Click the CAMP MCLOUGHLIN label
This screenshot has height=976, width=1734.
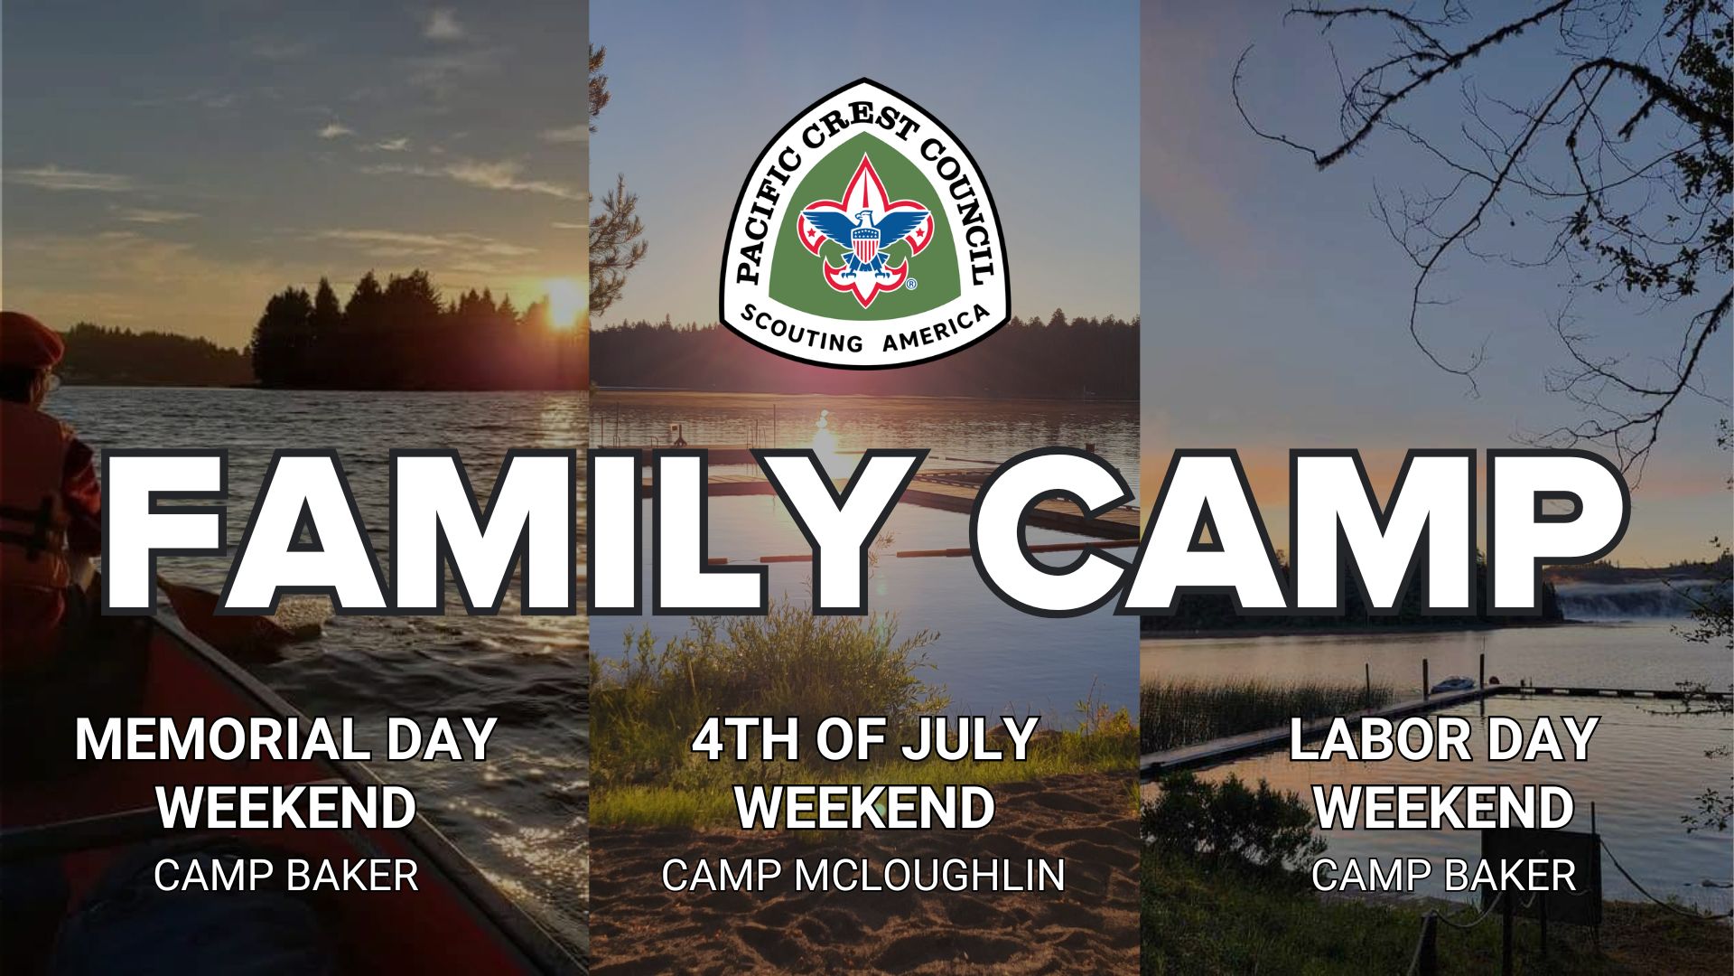point(863,875)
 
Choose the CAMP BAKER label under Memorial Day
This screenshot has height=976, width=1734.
point(286,875)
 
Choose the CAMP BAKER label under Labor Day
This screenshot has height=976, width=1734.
point(1443,875)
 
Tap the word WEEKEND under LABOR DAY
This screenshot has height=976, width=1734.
point(1443,807)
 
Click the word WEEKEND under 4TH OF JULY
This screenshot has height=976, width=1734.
point(863,807)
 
